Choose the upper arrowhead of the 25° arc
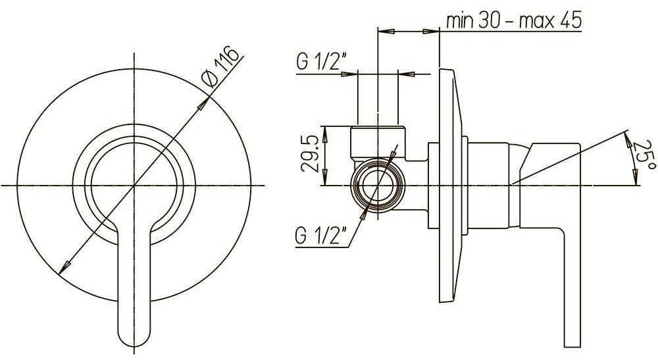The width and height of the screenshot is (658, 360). (627, 137)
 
